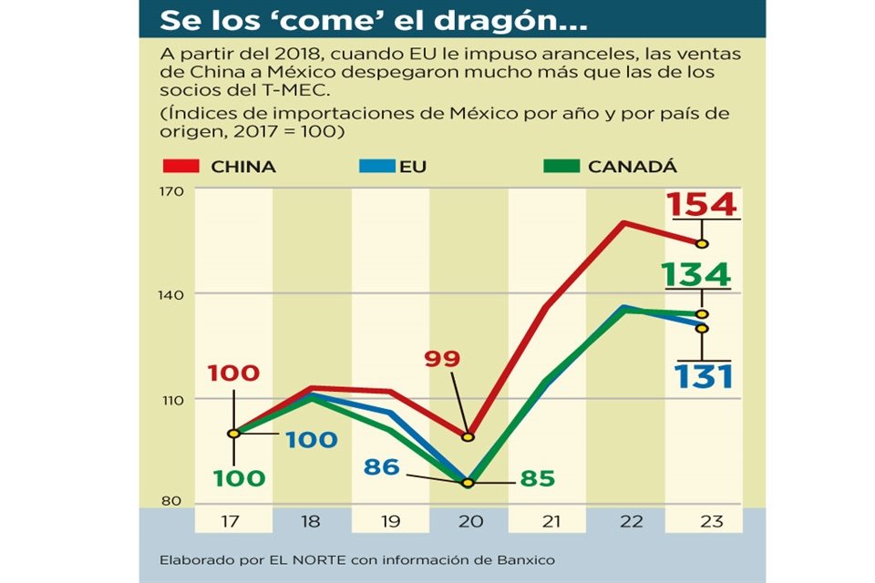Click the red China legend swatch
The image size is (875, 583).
(x=180, y=167)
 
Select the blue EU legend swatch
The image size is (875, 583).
(x=374, y=167)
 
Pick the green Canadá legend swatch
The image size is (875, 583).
(x=561, y=167)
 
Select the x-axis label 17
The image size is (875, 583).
(x=233, y=521)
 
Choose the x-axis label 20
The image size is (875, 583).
(x=468, y=521)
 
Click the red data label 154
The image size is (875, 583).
(x=702, y=205)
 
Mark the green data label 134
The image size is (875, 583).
(x=697, y=274)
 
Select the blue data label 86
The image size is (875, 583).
(x=381, y=467)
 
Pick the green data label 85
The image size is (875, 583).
(x=537, y=477)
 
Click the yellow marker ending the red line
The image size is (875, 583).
(x=702, y=243)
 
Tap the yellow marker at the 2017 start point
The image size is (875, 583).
(x=233, y=434)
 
